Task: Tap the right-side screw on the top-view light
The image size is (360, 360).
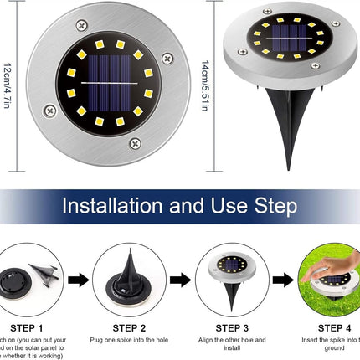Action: click(x=167, y=58)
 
